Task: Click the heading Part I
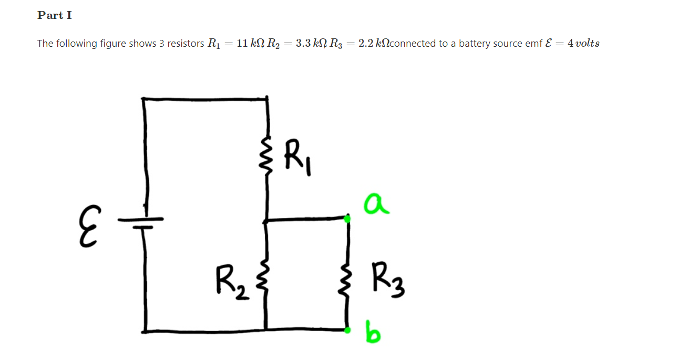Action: tap(55, 15)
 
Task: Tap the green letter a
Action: tap(376, 204)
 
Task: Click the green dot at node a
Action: tap(347, 218)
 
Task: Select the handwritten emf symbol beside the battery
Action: tap(88, 226)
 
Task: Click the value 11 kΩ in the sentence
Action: tap(251, 44)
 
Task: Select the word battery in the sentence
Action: tap(475, 44)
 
